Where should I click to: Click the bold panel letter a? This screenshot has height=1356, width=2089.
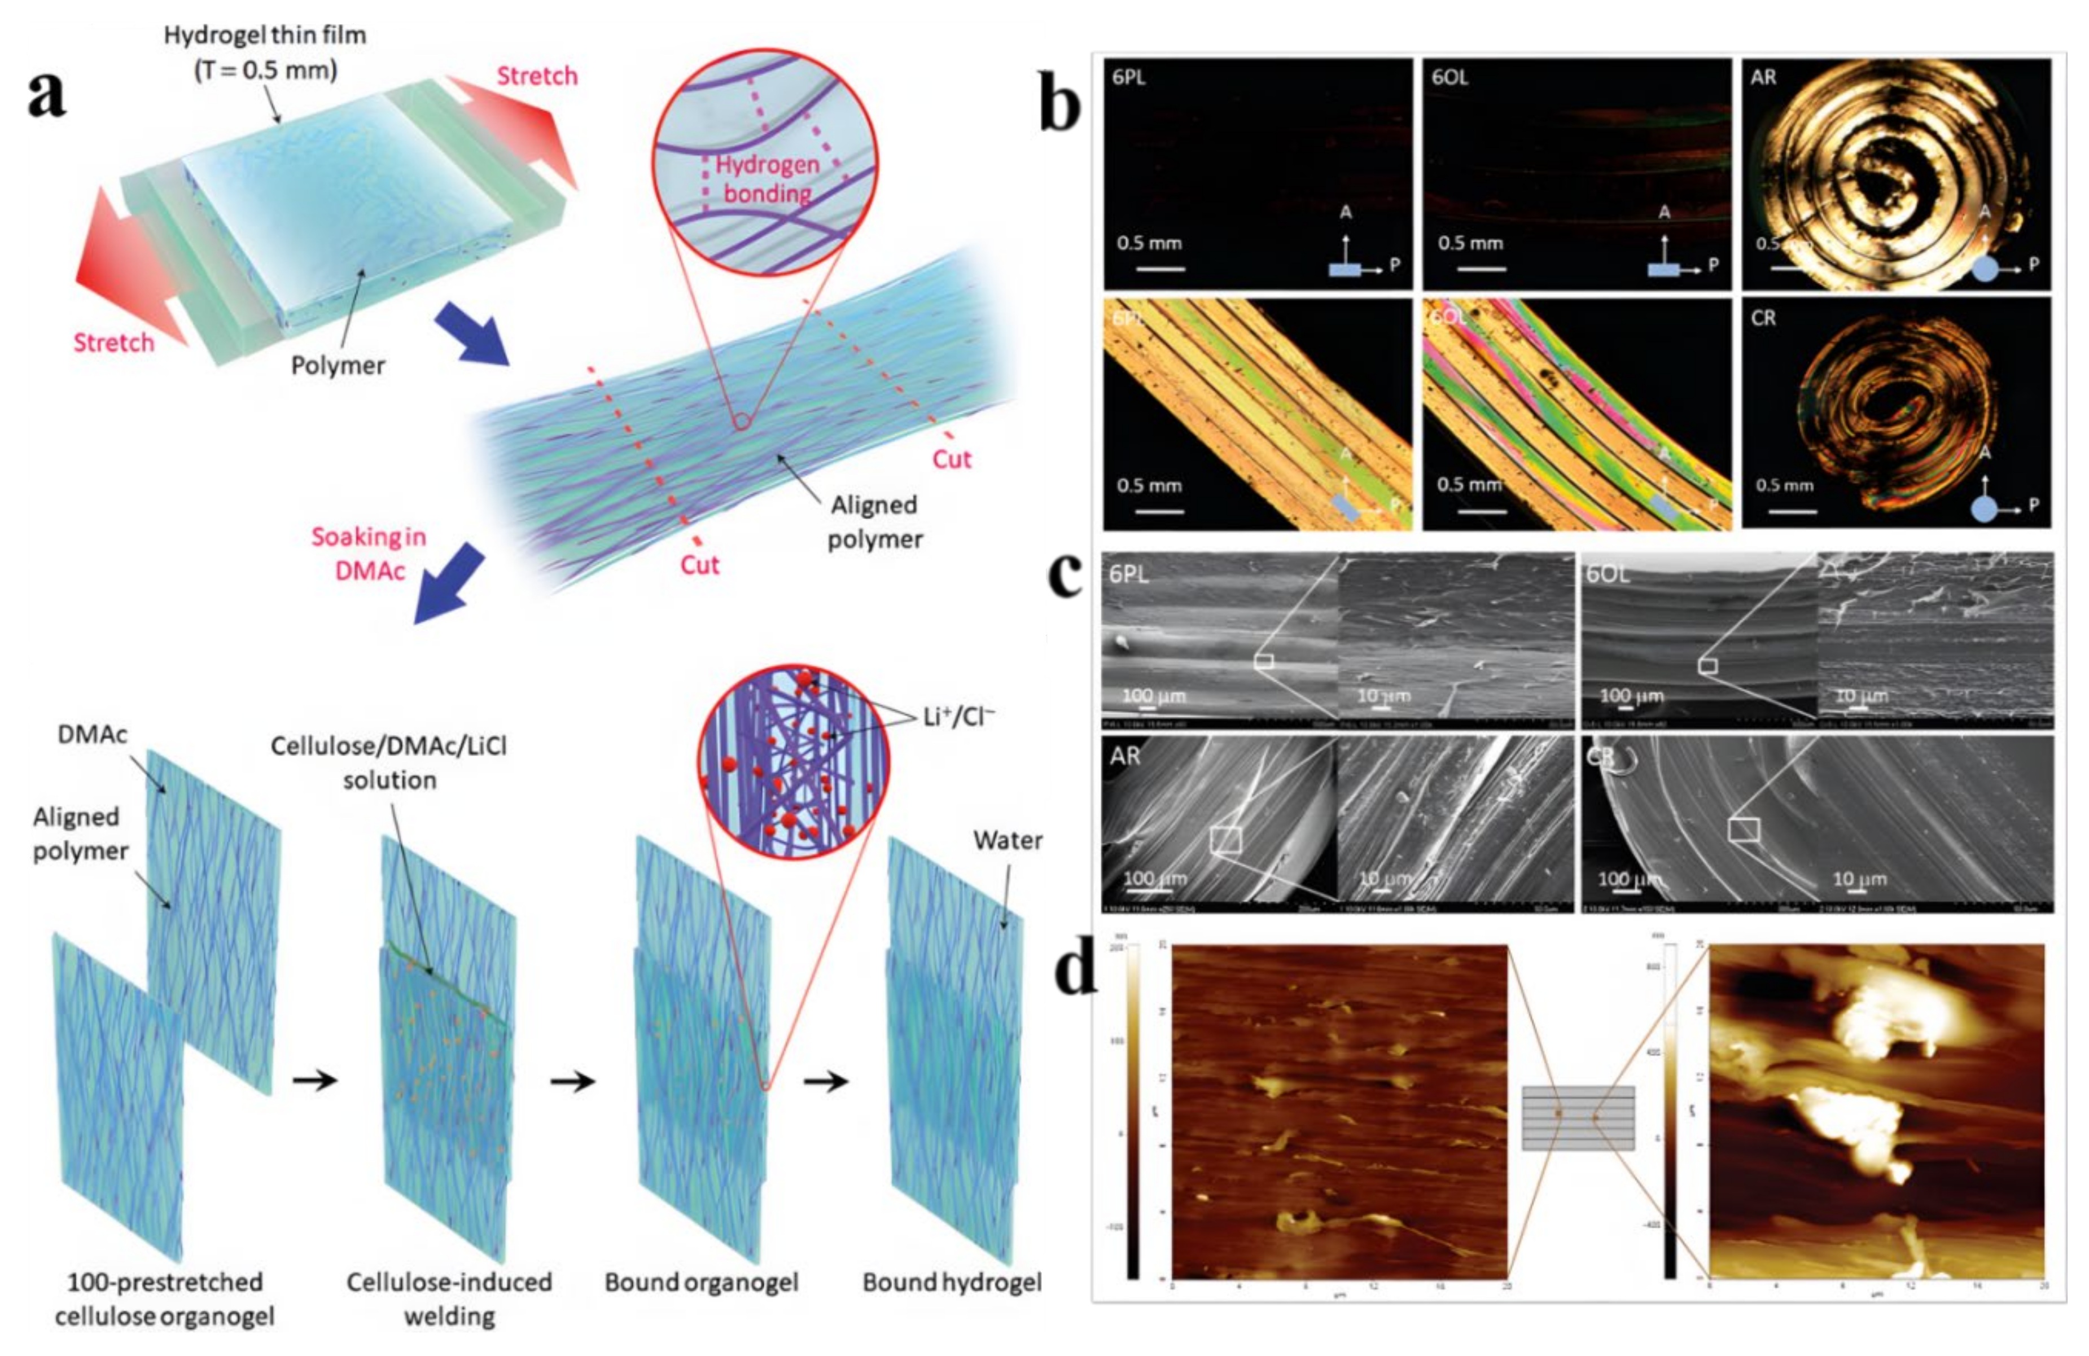[x=46, y=95]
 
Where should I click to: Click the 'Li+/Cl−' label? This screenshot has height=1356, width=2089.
[x=958, y=717]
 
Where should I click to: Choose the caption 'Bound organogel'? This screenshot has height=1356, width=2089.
[x=701, y=1282]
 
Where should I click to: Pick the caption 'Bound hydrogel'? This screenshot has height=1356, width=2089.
[x=952, y=1282]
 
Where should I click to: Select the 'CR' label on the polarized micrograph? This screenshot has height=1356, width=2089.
[x=1763, y=318]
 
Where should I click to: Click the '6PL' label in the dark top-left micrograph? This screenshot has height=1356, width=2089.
[x=1129, y=77]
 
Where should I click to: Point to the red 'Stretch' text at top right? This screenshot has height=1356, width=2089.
[x=537, y=76]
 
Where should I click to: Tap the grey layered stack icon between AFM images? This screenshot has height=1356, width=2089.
[x=1577, y=1117]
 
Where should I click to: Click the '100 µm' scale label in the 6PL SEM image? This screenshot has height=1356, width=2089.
[x=1153, y=696]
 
